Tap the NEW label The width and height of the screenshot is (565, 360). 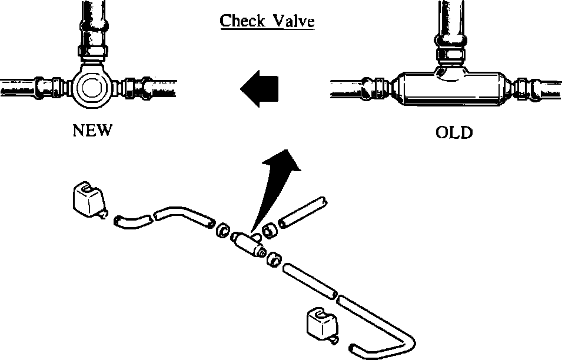tap(92, 131)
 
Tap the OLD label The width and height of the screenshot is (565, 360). tap(454, 133)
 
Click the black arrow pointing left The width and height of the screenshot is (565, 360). tap(259, 89)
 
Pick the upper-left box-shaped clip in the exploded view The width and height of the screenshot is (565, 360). tap(87, 198)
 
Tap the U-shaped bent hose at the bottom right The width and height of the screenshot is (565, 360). tap(388, 335)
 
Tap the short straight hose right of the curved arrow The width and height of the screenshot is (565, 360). tap(303, 212)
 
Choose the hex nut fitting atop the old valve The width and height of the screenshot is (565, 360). tap(451, 56)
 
